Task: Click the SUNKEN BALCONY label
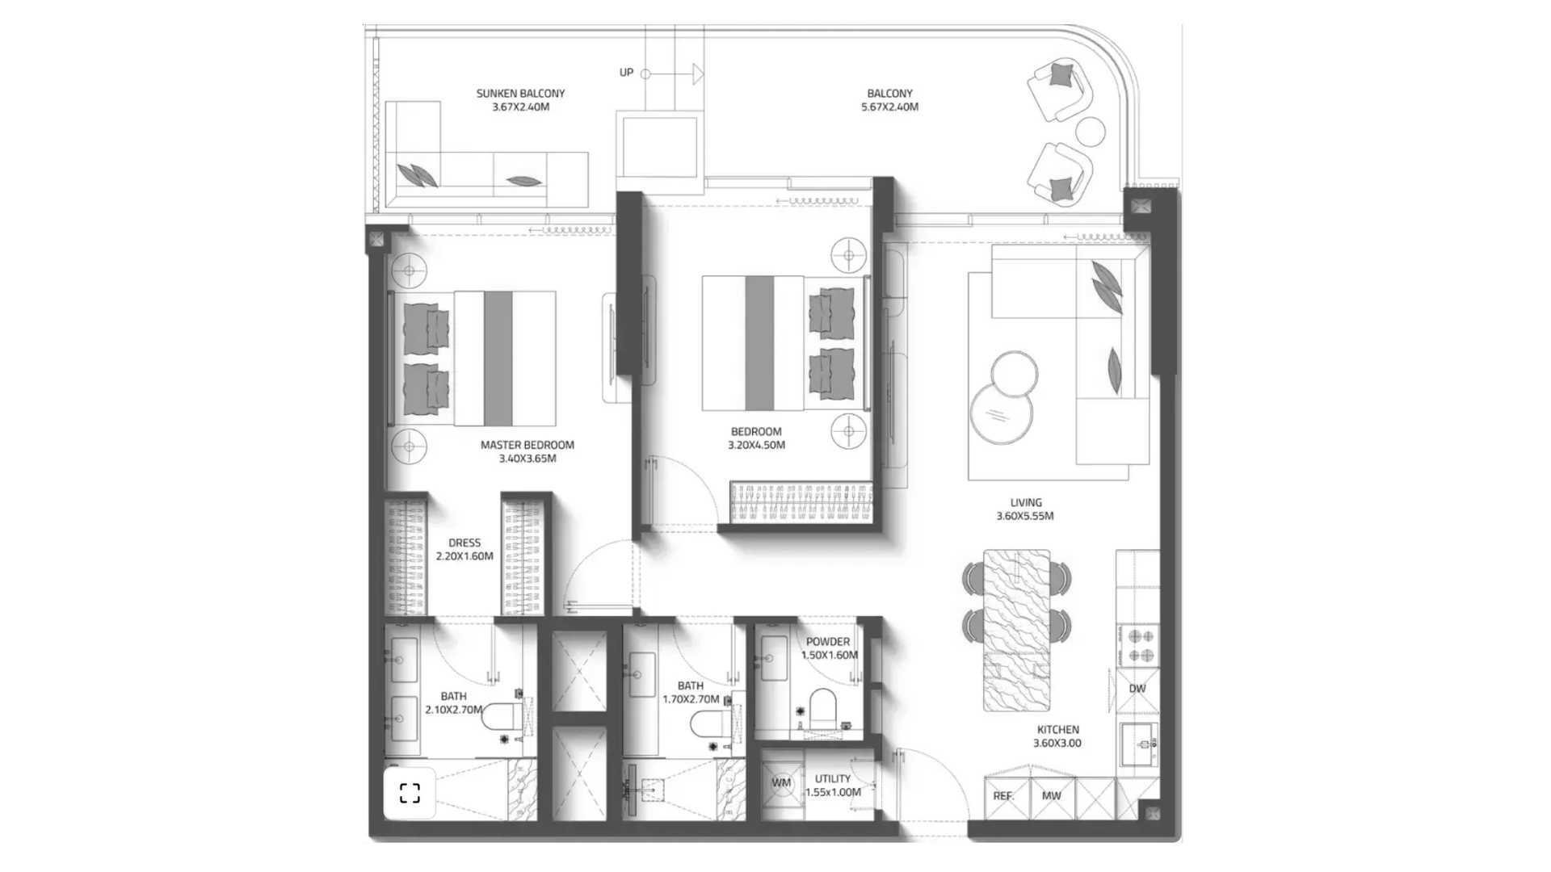[520, 93]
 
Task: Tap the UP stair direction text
[626, 73]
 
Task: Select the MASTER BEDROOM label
[528, 445]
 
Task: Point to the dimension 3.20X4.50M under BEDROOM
[756, 445]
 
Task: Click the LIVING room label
[1026, 502]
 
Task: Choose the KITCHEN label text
[1057, 729]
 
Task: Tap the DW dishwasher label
[1137, 689]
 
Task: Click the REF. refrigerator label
[1003, 796]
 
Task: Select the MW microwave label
[1051, 796]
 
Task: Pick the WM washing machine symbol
[781, 783]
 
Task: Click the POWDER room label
[828, 642]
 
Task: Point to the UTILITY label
[833, 779]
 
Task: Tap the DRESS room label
[464, 543]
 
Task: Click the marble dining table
[1016, 631]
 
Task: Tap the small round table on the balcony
[1090, 131]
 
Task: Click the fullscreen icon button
[410, 794]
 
